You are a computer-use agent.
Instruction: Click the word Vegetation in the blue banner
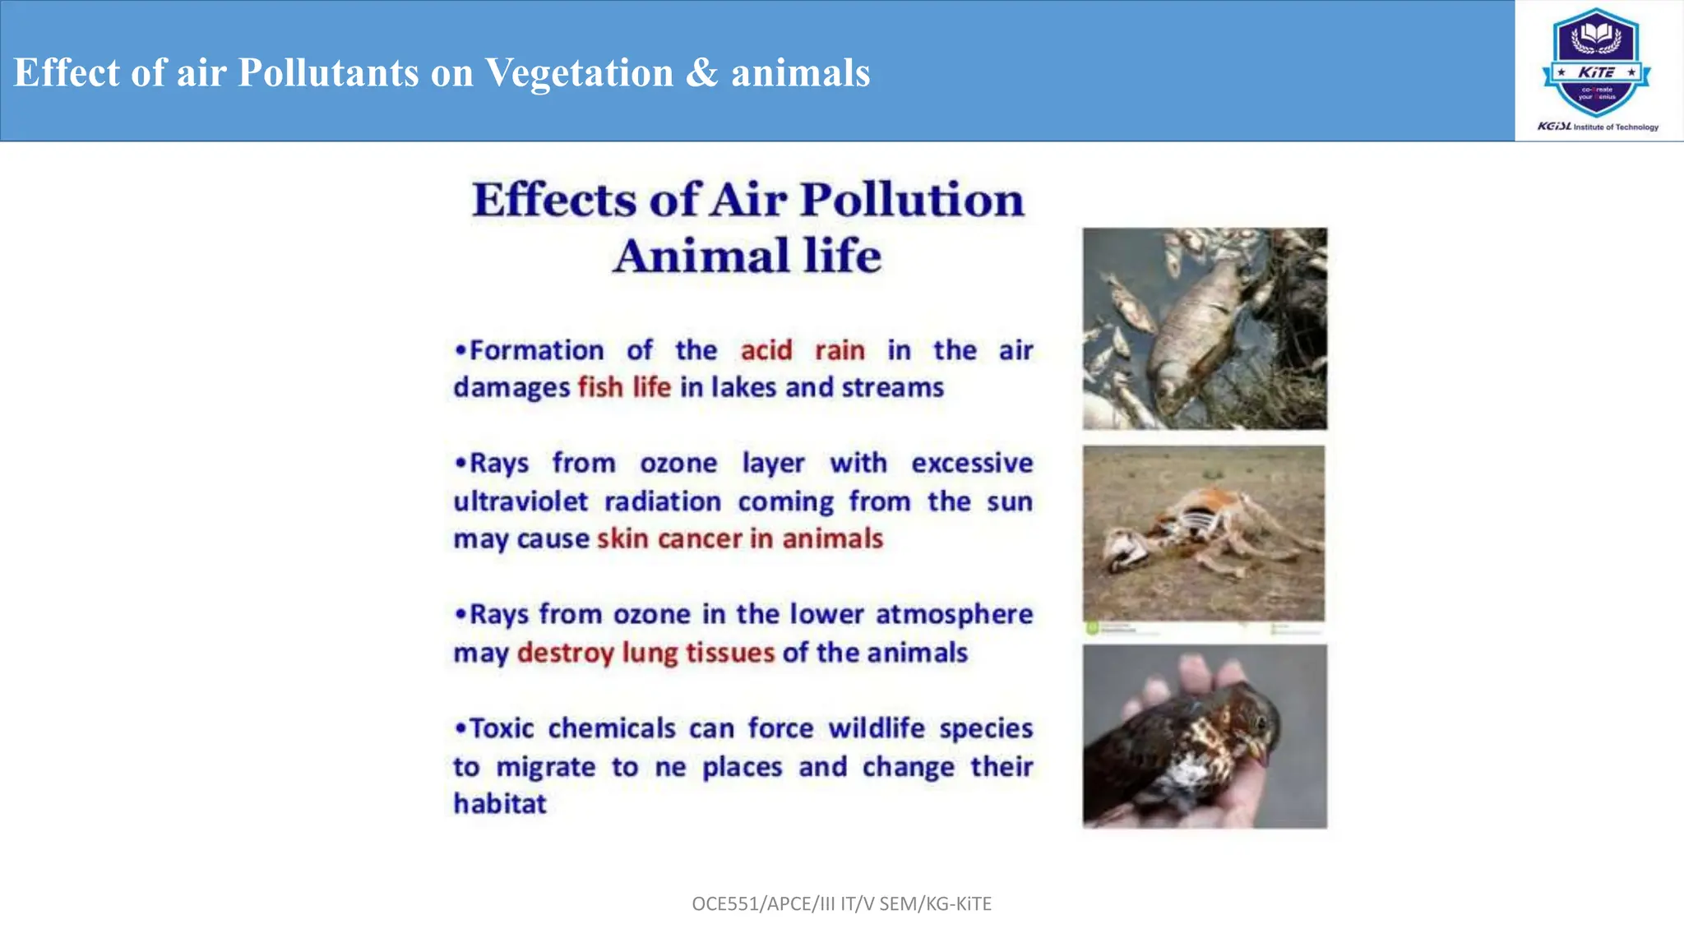point(579,72)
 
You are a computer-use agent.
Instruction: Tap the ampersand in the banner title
point(701,72)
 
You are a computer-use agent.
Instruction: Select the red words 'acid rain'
point(802,350)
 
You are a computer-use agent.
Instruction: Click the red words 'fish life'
point(624,386)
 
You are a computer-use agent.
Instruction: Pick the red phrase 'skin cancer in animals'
point(739,538)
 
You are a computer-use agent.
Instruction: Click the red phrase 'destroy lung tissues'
point(645,653)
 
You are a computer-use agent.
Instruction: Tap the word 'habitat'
point(499,803)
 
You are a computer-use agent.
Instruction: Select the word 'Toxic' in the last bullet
point(501,728)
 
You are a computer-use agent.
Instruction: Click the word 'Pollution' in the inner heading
point(912,200)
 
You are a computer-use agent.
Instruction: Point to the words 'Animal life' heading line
point(747,256)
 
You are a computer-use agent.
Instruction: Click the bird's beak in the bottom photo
point(1257,749)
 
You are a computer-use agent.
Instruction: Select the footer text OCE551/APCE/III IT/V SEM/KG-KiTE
point(841,903)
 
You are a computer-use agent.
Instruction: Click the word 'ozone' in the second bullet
point(678,463)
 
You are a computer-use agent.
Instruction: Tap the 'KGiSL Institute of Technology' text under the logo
point(1597,127)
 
